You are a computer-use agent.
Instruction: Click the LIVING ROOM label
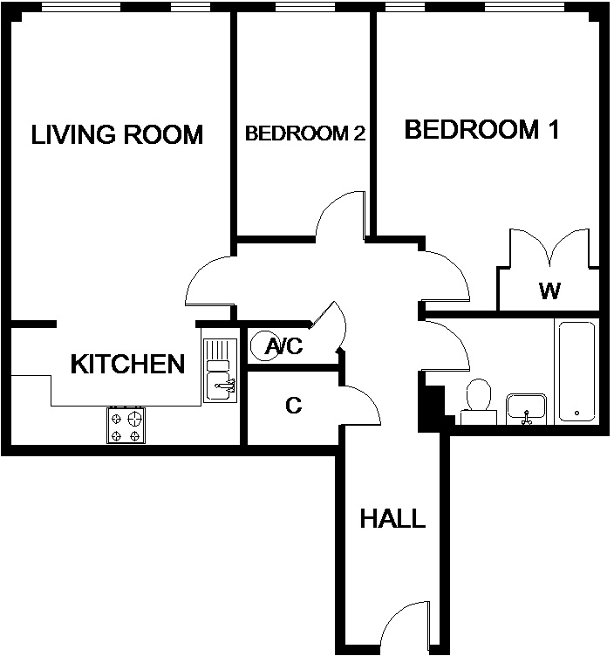(117, 134)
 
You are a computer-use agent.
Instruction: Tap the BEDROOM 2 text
(304, 133)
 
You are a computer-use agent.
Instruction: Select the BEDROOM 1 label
(481, 130)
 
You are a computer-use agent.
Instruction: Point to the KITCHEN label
(127, 364)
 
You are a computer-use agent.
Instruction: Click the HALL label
(392, 519)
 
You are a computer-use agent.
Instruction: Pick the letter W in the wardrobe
(549, 290)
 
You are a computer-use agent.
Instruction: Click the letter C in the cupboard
(294, 406)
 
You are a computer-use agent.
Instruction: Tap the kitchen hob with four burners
(126, 425)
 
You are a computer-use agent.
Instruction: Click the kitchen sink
(219, 370)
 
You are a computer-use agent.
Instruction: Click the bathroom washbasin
(526, 408)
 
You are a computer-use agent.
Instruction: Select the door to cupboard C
(360, 402)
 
